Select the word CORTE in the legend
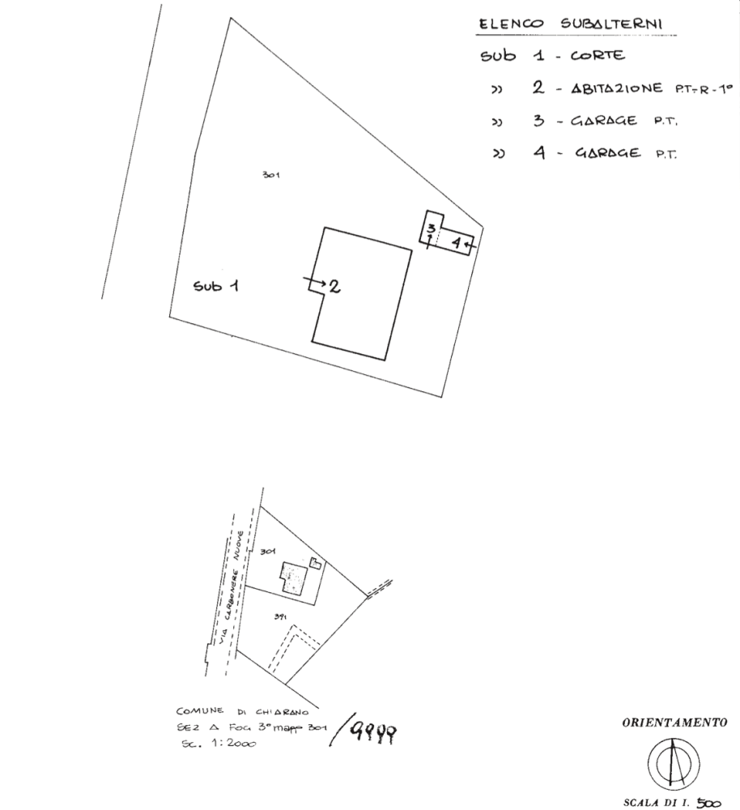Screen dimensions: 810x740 point(597,57)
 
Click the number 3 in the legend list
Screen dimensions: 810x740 point(538,121)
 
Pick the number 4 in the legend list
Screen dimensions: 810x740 point(538,151)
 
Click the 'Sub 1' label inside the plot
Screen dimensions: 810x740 point(215,285)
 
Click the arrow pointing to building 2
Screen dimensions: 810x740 point(314,283)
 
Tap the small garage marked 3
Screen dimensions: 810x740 point(432,228)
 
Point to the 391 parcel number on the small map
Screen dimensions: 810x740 point(280,617)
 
